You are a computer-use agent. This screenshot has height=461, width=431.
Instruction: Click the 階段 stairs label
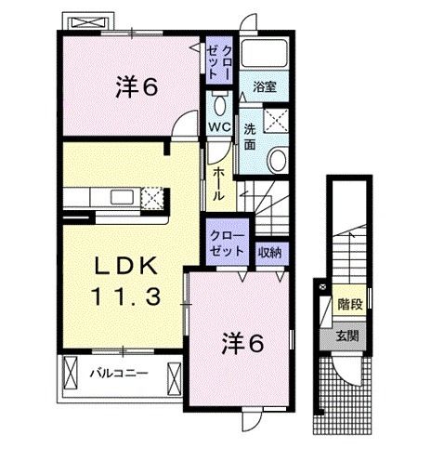point(349,304)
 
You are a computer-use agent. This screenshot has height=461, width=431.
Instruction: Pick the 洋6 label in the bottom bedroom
point(242,343)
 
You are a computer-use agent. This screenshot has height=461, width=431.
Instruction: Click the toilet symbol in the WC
point(220,99)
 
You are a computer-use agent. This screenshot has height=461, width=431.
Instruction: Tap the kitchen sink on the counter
point(122,197)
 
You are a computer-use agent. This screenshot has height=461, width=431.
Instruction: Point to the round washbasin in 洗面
point(277,160)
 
